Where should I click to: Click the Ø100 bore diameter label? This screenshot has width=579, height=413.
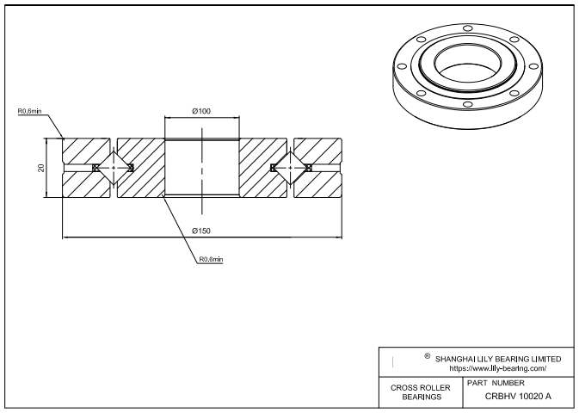[202, 112]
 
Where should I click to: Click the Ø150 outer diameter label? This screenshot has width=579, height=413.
[202, 230]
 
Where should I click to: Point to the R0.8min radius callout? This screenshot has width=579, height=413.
[211, 259]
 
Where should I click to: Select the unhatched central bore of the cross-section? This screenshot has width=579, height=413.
[202, 167]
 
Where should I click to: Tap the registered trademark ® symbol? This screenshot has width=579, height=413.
[428, 354]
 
